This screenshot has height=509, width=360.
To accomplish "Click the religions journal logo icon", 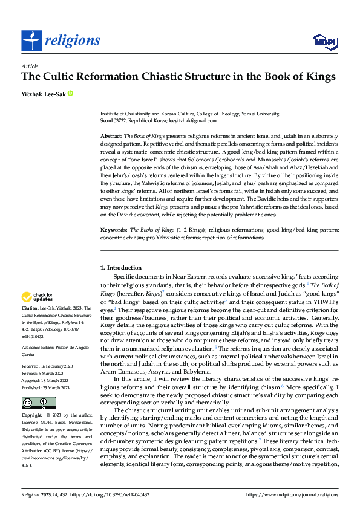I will coord(31,41).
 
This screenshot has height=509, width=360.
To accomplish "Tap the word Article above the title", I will coord(30,66).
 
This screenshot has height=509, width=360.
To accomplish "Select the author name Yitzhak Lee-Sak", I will coord(43,94).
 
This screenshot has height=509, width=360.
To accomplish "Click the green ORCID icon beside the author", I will coord(70,94).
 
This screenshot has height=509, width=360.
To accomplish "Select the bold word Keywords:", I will coord(114,230).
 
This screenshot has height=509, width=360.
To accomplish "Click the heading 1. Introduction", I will coord(120,267).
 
